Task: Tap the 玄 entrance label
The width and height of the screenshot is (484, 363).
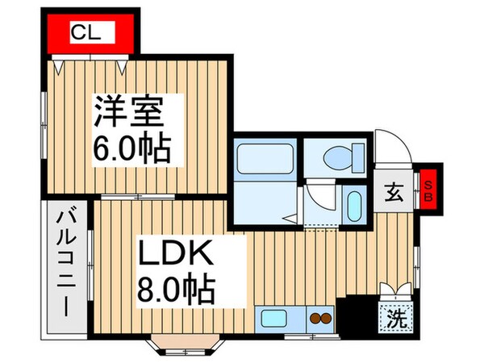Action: click(394, 194)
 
